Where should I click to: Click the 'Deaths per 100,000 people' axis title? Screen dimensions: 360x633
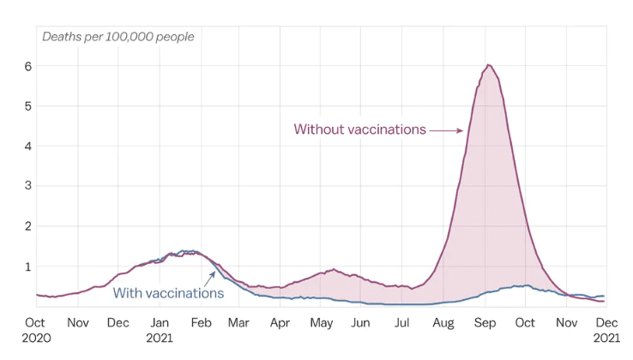118,36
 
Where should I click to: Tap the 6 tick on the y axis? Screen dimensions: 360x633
28,66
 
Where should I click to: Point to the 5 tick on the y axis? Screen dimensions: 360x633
28,106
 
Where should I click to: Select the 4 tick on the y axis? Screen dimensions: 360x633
28,146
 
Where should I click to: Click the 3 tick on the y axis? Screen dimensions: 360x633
28,186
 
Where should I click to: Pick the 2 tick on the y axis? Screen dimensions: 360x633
28,226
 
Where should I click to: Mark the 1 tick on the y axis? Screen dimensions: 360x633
28,267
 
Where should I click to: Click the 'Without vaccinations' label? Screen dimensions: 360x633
359,129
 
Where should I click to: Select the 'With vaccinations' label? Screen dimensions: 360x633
168,293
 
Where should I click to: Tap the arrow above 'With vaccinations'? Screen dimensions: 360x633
208,278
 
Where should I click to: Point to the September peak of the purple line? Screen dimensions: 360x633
488,65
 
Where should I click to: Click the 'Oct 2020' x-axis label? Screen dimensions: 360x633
35,330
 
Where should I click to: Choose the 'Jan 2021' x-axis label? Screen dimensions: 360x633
160,330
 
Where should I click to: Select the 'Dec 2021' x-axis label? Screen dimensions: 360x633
607,330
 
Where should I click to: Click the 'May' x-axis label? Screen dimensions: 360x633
322,323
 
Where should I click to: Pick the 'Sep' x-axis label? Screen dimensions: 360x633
485,323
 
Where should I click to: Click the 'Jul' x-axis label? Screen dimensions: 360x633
402,323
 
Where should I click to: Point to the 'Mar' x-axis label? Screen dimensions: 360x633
239,323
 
